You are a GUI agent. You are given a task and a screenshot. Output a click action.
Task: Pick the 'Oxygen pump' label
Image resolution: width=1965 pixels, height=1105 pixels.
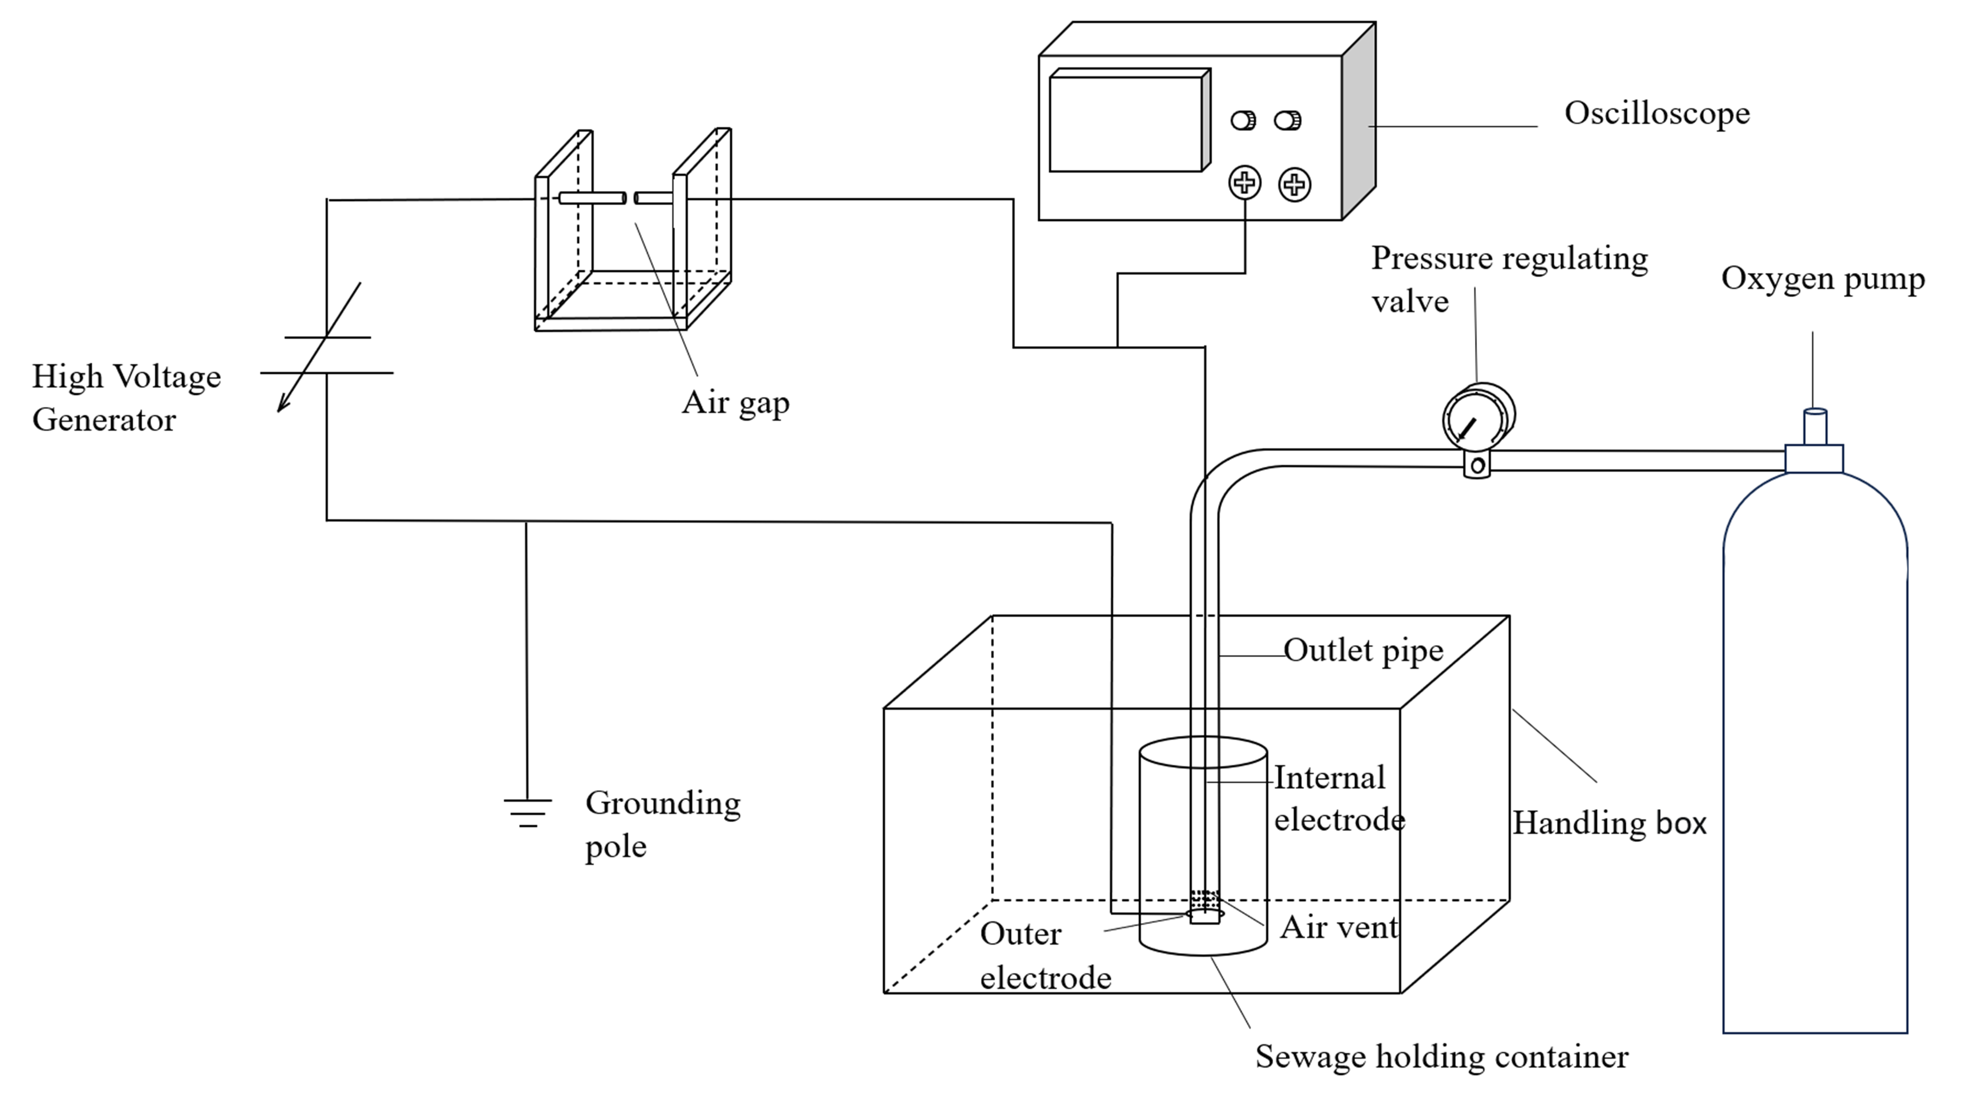[1822, 279]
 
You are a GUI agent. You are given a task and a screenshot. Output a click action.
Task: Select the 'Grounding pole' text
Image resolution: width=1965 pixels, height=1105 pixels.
[662, 824]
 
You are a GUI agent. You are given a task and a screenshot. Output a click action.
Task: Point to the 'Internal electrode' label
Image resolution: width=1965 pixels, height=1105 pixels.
[1339, 799]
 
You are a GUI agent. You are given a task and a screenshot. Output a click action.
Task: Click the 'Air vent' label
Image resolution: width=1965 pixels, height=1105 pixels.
[1339, 927]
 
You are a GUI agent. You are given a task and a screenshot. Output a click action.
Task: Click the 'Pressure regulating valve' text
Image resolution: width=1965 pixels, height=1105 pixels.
[1509, 279]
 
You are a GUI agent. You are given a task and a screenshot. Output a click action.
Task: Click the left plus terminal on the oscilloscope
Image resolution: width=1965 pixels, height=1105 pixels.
[1244, 183]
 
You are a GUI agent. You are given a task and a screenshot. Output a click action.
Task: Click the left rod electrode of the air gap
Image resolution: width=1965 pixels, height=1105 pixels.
[592, 198]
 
